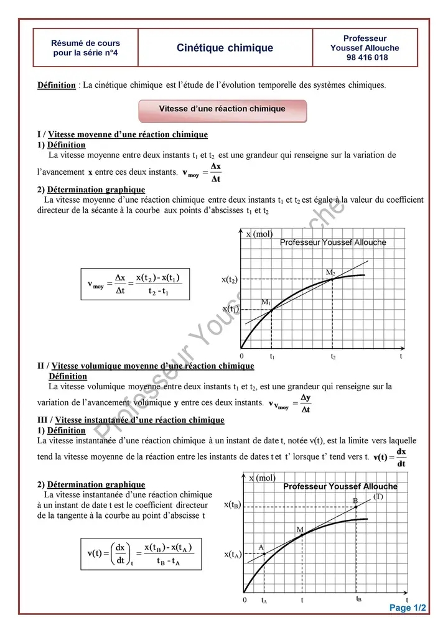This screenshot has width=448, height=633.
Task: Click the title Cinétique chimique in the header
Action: click(x=225, y=48)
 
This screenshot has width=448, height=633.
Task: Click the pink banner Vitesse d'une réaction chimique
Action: click(x=222, y=109)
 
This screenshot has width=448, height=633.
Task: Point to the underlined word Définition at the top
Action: click(x=57, y=85)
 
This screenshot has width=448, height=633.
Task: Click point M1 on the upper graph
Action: click(x=271, y=309)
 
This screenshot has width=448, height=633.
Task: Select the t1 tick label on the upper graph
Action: click(x=272, y=357)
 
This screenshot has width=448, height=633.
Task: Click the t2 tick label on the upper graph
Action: click(x=332, y=357)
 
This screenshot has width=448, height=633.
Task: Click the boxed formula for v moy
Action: click(x=136, y=284)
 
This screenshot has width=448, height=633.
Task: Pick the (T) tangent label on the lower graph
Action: click(x=378, y=496)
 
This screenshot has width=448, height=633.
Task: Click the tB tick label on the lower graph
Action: click(x=359, y=599)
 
